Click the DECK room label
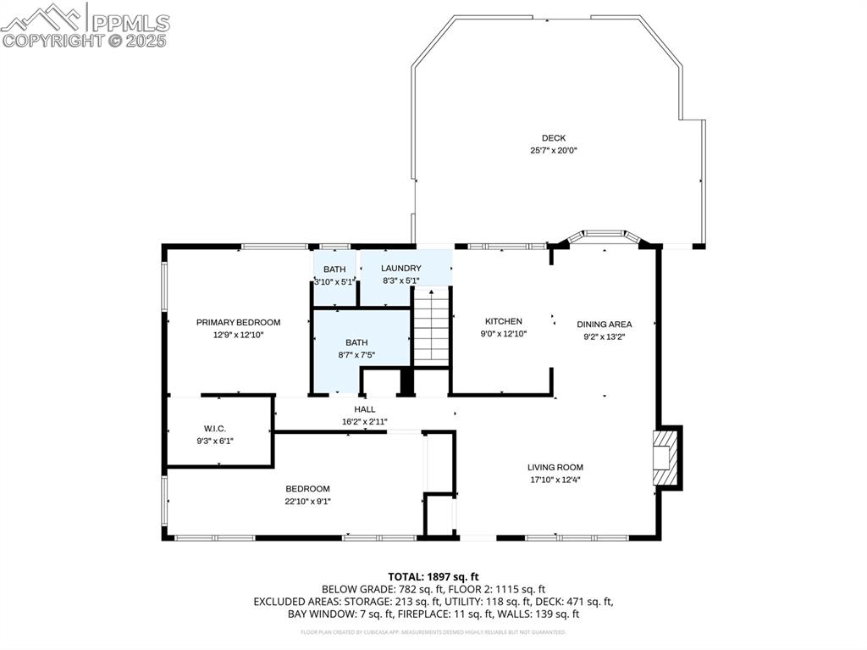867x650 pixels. click(x=554, y=138)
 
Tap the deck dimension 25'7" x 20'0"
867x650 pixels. click(x=554, y=151)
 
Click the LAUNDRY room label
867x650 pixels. click(x=400, y=269)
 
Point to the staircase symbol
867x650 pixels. click(x=431, y=328)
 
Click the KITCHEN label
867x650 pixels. click(x=503, y=321)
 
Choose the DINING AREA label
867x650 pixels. click(x=604, y=324)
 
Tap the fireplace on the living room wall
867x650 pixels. click(x=666, y=458)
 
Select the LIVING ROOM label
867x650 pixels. click(x=555, y=467)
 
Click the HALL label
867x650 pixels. click(x=365, y=409)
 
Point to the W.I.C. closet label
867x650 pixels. click(x=214, y=428)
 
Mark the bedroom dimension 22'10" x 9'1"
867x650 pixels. click(x=307, y=501)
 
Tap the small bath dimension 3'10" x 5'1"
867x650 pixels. click(x=333, y=282)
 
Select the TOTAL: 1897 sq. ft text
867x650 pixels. click(x=433, y=576)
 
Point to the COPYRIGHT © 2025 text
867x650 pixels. click(x=85, y=40)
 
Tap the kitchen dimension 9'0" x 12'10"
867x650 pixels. click(x=503, y=334)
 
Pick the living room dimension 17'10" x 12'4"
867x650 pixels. click(x=555, y=480)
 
